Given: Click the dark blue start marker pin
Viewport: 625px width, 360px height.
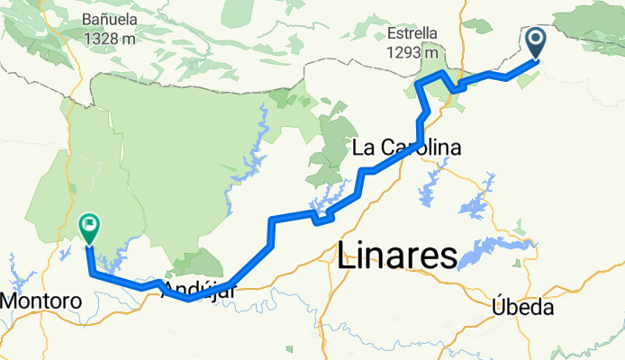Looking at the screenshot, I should coord(535,41).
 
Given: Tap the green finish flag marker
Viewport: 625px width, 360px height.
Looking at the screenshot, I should coord(90,228).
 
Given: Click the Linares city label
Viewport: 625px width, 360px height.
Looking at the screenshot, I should coord(397,257).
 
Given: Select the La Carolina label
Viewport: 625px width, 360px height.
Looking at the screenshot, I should coord(406,148).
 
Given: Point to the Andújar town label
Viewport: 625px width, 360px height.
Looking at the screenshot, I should coord(201,291).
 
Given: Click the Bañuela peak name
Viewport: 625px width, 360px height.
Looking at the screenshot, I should coord(110,18).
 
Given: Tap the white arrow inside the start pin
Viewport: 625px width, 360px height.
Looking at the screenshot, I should coord(535,39).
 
